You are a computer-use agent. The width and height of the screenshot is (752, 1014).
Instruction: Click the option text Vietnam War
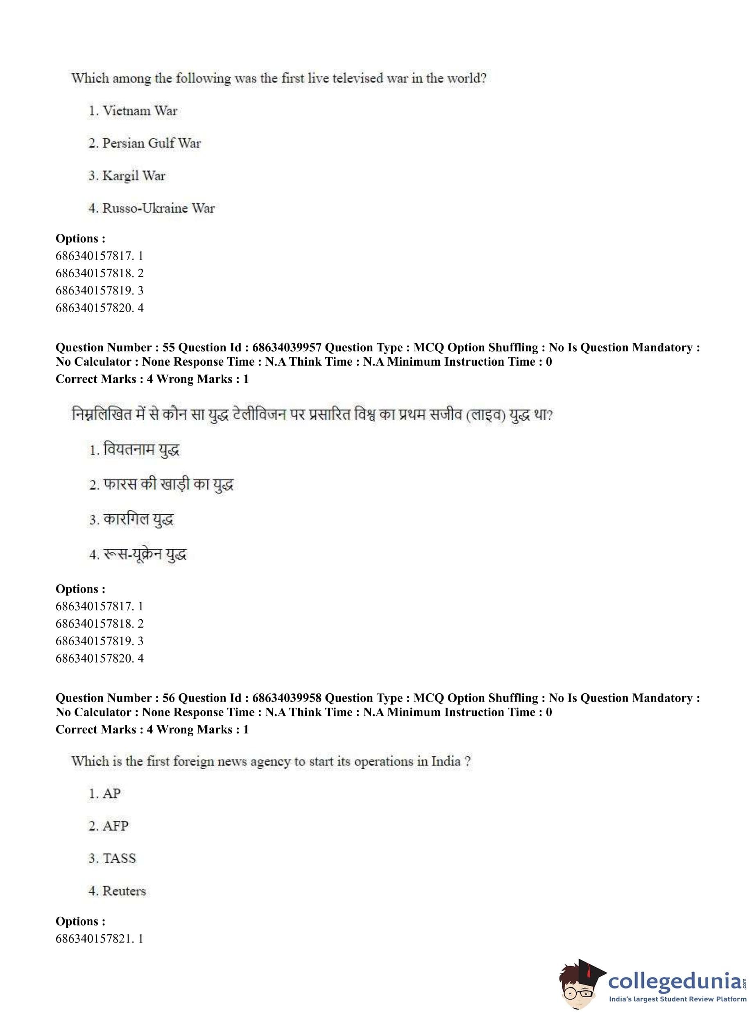(139, 111)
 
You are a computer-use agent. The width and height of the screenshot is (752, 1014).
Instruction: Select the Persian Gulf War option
(151, 143)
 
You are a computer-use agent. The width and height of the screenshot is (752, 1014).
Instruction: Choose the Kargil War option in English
(134, 176)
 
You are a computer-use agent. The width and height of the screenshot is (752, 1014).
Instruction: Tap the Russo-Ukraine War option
(158, 208)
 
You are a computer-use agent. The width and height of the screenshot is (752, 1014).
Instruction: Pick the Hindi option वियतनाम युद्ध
(141, 450)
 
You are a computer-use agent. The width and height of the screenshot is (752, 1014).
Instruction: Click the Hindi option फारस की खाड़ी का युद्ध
(168, 485)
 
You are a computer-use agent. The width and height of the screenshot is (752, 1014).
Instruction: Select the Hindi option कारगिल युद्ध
(138, 519)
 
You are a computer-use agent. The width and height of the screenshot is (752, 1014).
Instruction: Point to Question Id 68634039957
(287, 347)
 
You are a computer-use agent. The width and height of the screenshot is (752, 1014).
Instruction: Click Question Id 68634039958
(287, 698)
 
